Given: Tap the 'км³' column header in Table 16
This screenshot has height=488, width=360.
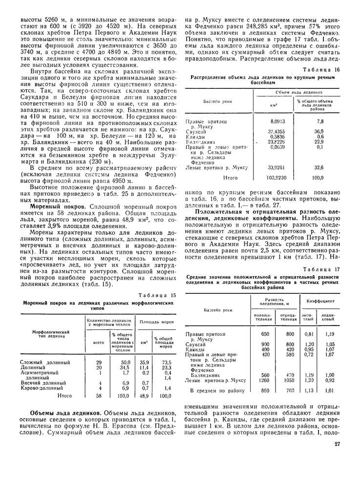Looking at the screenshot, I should click(274, 104).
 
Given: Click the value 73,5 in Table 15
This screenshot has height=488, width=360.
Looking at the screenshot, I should click(166, 363).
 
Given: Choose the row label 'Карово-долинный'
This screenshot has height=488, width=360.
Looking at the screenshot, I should click(43, 388).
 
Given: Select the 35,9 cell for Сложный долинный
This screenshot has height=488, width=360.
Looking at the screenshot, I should click(144, 363).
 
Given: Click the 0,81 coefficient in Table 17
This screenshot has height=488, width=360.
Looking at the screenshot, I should click(309, 334).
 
